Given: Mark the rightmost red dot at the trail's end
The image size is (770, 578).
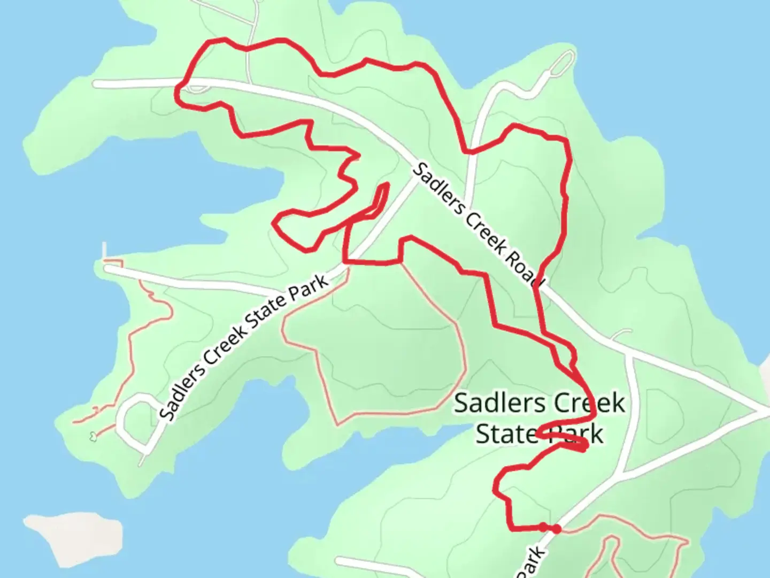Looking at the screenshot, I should tap(557, 529).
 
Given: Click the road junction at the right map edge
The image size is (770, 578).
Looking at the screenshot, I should tap(762, 412).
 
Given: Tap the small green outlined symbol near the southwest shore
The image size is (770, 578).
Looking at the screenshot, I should tap(93, 437).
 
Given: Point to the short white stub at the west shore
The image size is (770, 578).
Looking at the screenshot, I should tap(105, 250).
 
